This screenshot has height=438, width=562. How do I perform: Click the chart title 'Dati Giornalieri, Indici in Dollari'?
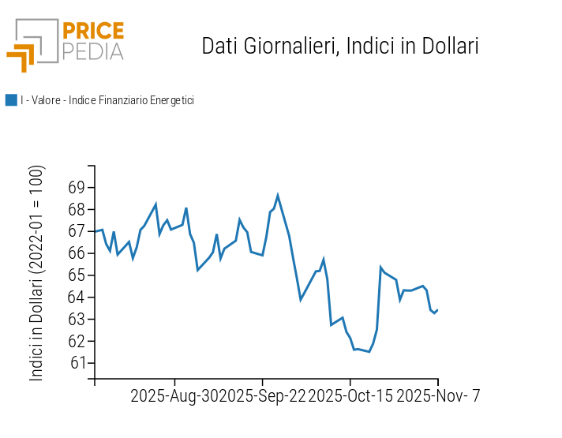340,46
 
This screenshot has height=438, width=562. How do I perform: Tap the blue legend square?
11,100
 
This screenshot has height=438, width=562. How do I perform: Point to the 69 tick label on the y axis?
76,188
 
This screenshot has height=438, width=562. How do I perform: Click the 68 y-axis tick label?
76,210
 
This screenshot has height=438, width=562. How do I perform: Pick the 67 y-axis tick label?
76,231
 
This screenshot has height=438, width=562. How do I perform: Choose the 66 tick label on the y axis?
76,253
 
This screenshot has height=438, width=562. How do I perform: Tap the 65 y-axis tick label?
76,275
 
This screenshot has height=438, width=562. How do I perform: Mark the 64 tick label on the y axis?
76,298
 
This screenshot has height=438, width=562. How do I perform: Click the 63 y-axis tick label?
76,320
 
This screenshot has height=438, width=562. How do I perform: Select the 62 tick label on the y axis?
76,341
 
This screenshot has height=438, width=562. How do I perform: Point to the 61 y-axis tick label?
76,363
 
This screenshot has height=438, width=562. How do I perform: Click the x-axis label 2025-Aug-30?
174,396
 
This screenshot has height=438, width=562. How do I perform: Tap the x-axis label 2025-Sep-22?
262,396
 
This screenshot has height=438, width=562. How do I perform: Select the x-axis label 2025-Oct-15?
350,396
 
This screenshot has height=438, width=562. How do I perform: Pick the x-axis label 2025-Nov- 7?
438,396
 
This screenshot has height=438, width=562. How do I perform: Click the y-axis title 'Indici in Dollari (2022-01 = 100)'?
37,273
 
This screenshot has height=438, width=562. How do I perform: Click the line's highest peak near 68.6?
278,195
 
